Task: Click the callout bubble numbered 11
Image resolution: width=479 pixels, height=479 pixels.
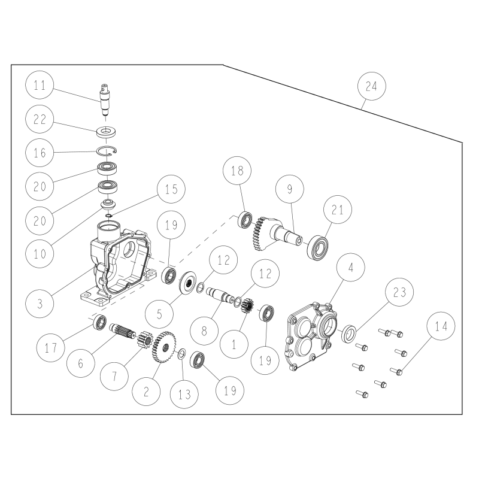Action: [40, 84]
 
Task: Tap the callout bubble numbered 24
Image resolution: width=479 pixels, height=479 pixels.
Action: [371, 86]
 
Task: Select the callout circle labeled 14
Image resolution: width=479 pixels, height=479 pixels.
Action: [441, 326]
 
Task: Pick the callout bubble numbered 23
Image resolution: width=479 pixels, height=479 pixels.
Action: [399, 292]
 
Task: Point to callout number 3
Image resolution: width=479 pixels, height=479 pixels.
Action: [40, 304]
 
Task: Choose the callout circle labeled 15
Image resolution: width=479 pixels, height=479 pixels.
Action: [171, 189]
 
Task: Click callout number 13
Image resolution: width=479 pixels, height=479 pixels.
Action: [184, 395]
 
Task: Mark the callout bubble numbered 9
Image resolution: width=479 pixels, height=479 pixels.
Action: [290, 189]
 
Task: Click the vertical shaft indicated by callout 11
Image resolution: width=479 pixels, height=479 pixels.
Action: [105, 99]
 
